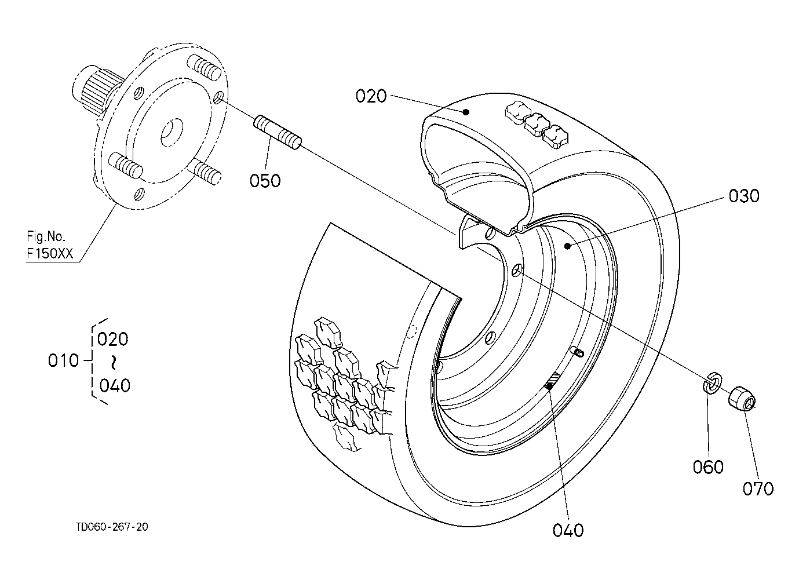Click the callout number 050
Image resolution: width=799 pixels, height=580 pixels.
point(265,181)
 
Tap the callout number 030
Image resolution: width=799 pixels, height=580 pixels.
point(744,196)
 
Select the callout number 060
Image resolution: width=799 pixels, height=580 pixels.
point(708,467)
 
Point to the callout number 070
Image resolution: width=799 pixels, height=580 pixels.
point(758,488)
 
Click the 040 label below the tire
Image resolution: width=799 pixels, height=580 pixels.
point(568,530)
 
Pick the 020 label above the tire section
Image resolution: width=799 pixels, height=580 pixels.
point(371,96)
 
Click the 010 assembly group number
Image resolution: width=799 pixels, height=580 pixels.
point(63,360)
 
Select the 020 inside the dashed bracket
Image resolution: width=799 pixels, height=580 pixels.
point(112,339)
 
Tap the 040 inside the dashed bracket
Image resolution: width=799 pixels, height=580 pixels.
point(115,385)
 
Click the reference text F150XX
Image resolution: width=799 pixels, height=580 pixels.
point(50,253)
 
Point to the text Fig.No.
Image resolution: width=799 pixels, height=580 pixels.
point(46,236)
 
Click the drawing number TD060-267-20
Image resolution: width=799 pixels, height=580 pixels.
point(112,527)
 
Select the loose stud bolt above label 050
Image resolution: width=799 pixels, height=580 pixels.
point(278,132)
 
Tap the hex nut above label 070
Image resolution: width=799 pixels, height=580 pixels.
point(742,399)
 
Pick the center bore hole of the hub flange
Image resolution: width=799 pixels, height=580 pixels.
point(172,132)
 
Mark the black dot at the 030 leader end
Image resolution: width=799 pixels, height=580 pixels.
point(567,246)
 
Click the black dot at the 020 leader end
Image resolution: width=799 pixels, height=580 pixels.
point(465,112)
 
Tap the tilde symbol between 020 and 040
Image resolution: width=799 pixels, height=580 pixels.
point(113,362)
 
